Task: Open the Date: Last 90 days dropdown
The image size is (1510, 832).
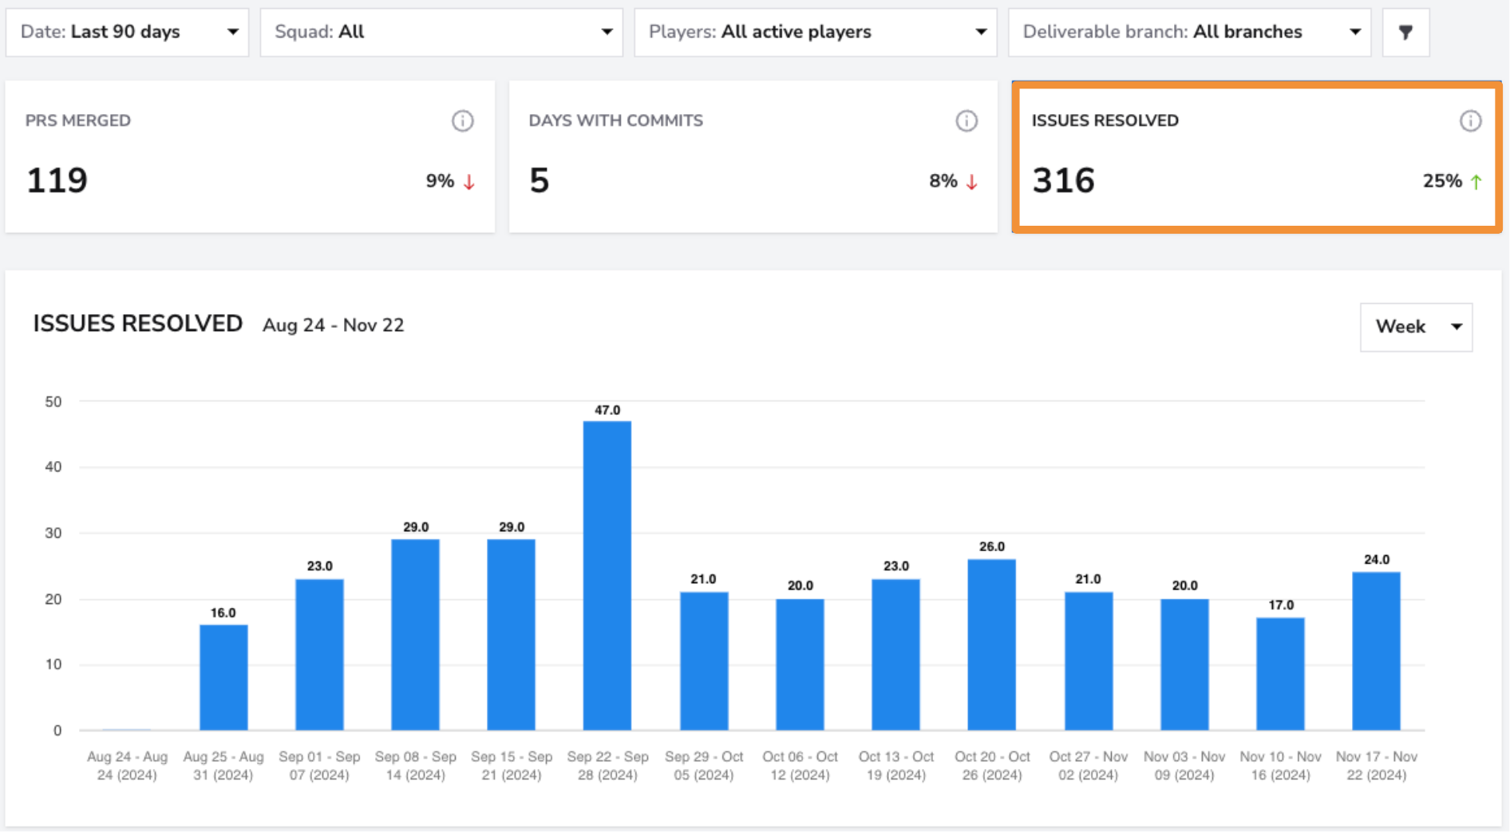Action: (127, 32)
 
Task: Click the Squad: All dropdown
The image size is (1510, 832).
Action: (441, 32)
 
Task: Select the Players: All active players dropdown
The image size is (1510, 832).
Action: (816, 32)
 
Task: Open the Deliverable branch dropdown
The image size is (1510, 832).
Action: (1190, 32)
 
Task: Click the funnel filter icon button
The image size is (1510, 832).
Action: (1406, 32)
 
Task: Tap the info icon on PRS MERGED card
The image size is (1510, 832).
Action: (463, 121)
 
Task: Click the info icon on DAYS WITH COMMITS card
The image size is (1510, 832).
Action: (966, 121)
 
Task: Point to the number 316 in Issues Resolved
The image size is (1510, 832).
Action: (1063, 180)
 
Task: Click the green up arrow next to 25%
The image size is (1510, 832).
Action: (1476, 182)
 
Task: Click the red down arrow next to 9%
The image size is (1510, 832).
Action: (469, 182)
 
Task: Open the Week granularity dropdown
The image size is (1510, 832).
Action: (1417, 327)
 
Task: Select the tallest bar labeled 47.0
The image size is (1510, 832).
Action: (607, 575)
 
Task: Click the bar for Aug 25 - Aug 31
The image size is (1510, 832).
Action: (223, 677)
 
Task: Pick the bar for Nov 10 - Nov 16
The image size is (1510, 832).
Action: (1280, 674)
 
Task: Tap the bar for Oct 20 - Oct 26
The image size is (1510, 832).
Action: (992, 645)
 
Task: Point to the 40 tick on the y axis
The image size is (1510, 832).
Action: (53, 467)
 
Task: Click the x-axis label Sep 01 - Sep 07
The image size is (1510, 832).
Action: (319, 766)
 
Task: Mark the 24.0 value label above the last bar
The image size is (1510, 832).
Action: (1377, 560)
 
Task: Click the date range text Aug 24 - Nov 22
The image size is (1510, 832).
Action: (334, 325)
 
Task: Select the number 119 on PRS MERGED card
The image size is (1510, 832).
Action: (57, 180)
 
